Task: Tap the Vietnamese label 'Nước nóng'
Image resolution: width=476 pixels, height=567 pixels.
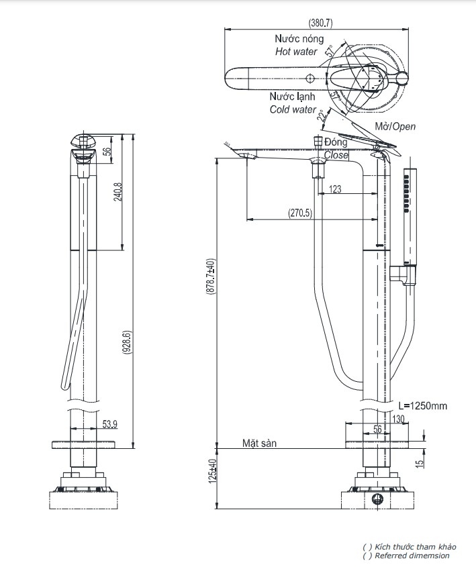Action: point(299,40)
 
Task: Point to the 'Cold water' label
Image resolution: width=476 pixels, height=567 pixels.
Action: point(293,109)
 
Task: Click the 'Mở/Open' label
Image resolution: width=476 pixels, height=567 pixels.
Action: point(395,127)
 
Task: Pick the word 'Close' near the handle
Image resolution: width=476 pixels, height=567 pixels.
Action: point(336,155)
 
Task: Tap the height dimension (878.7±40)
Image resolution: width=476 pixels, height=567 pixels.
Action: point(209,278)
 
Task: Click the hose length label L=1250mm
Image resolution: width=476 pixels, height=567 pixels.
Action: point(422,406)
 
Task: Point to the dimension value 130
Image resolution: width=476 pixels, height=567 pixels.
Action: point(399,419)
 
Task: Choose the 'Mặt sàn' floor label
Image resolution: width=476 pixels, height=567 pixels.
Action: point(259,444)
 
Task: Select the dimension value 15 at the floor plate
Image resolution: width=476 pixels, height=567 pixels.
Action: point(419,464)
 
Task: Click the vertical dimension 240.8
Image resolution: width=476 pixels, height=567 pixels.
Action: point(118,192)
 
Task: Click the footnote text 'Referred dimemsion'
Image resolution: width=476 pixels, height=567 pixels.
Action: point(412,556)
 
